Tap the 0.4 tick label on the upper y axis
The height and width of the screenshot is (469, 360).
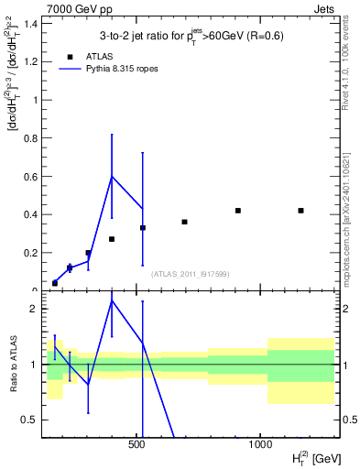point(30,214)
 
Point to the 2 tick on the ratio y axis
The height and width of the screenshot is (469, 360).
point(33,309)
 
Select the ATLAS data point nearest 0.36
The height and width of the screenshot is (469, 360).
point(184,222)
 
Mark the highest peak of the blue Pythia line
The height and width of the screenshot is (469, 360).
point(112,176)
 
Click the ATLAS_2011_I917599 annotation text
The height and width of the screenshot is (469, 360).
point(190,274)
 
